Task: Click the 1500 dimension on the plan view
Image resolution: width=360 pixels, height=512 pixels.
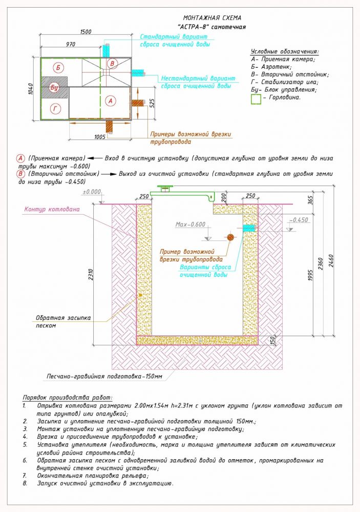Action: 86,32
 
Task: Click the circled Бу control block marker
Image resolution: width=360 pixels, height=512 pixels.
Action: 55,88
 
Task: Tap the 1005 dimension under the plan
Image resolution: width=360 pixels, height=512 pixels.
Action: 100,136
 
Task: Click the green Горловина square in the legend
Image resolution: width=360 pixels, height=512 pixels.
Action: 256,99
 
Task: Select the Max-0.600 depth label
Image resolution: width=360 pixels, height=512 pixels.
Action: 190,224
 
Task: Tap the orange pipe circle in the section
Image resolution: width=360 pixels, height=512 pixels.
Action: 230,237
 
